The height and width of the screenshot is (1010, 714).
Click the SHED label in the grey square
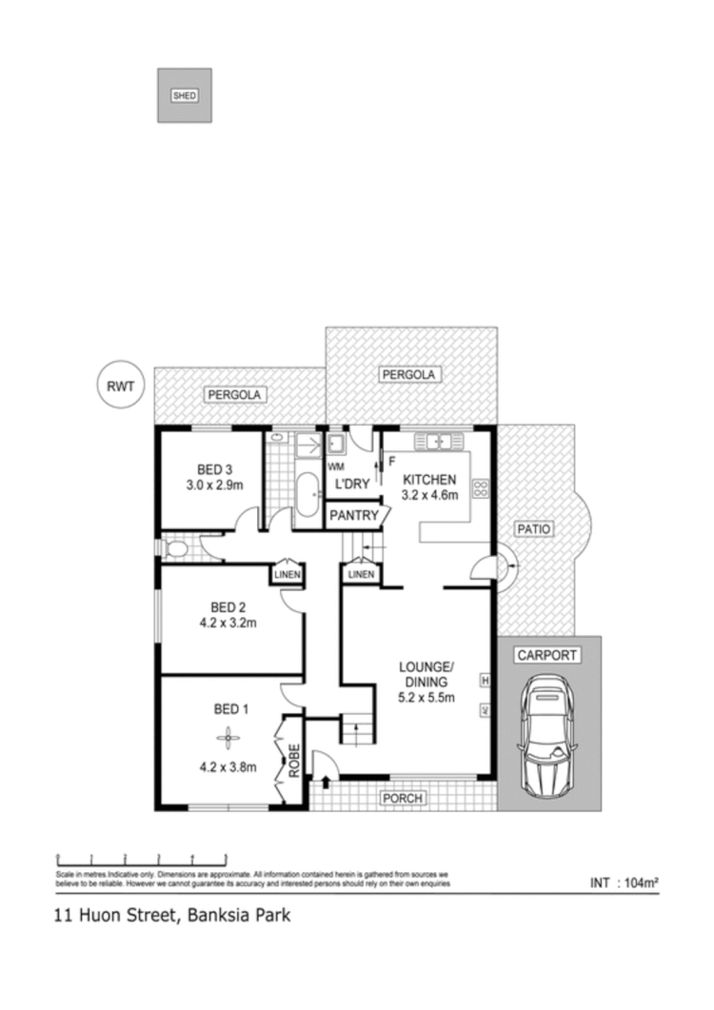point(184,95)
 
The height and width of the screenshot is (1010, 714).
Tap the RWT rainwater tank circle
point(121,386)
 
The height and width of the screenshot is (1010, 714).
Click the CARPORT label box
point(546,655)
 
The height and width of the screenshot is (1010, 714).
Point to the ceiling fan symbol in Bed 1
point(227,736)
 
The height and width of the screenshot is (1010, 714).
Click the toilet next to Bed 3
point(176,549)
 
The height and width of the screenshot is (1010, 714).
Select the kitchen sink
point(439,442)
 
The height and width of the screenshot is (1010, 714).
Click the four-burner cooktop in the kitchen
point(481,490)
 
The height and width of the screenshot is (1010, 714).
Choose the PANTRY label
point(353,516)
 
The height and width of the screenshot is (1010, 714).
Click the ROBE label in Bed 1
point(295,761)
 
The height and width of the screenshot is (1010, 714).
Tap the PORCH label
point(403,798)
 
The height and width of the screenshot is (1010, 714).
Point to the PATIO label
point(535,529)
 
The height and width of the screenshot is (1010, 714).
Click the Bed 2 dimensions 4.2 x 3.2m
point(228,624)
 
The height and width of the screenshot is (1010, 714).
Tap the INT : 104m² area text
point(625,882)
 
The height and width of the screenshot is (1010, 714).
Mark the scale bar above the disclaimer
point(142,859)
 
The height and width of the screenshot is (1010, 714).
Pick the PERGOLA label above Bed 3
point(235,394)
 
